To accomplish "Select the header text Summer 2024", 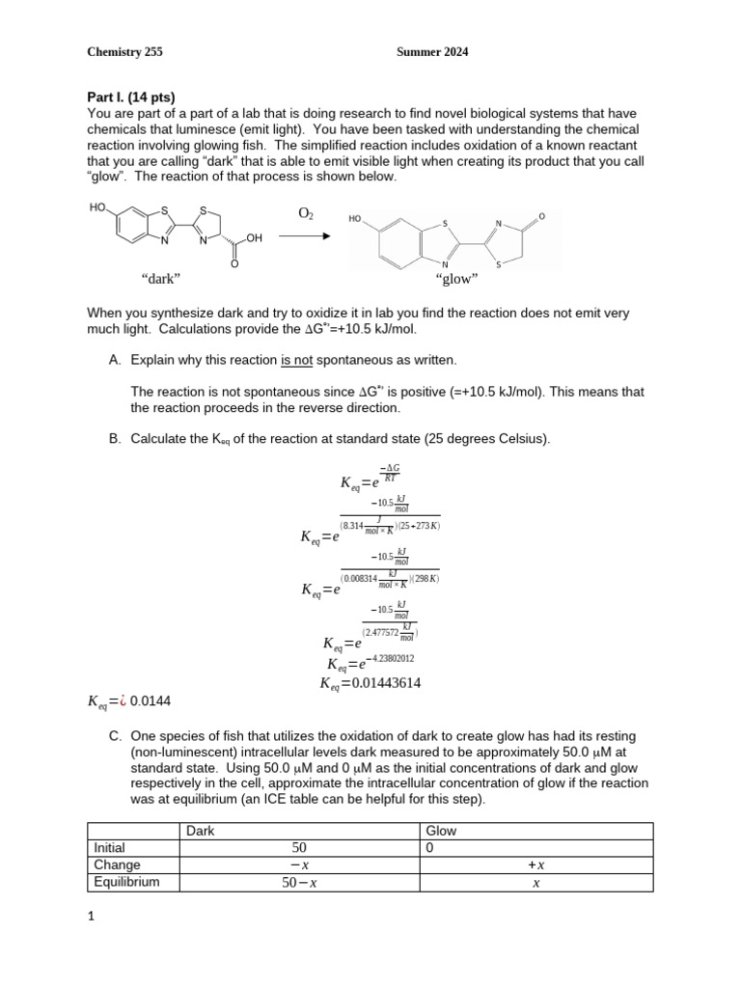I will point(432,52).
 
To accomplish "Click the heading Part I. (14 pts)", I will point(131,96).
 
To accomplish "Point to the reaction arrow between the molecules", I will point(306,236).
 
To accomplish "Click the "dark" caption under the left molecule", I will point(161,279).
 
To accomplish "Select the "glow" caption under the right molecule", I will point(457,279).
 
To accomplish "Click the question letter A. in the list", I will point(116,360).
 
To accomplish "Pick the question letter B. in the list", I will point(116,439).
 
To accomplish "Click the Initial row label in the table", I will point(109,848).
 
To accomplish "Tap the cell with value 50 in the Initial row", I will point(299,848).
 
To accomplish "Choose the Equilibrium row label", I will point(122,882).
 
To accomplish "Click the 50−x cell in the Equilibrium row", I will point(299,882).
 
